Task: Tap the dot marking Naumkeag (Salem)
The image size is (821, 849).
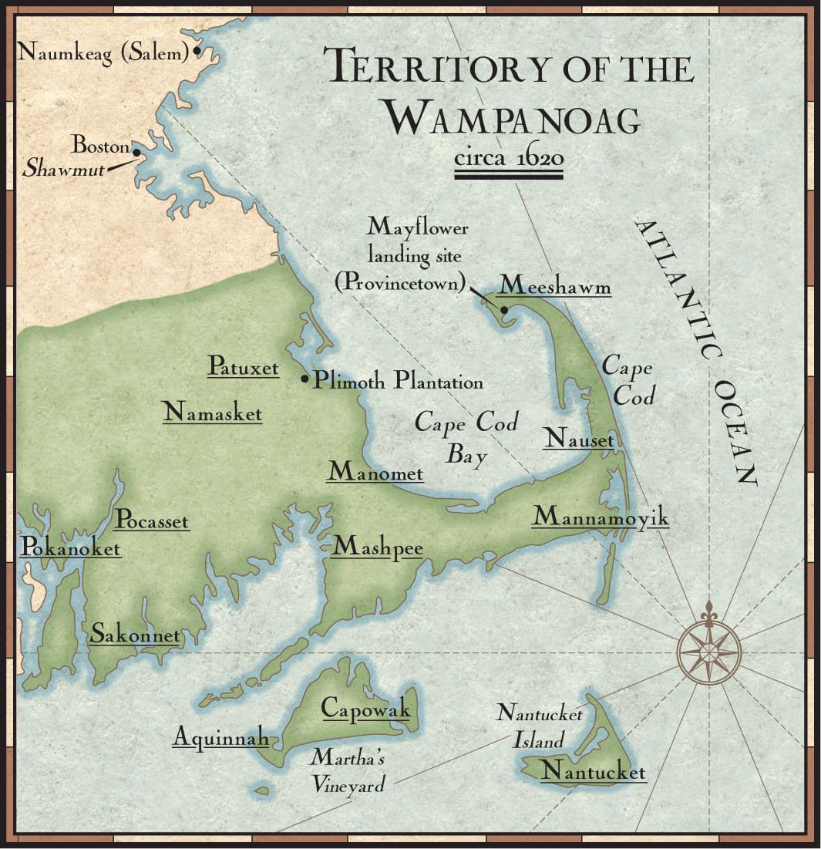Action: [197, 52]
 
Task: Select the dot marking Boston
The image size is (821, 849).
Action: [136, 152]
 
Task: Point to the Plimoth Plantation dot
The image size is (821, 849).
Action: [305, 379]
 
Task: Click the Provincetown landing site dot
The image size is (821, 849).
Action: [503, 310]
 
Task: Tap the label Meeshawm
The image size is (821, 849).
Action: [555, 286]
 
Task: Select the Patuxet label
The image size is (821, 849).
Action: [243, 367]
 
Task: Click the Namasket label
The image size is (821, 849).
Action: [212, 413]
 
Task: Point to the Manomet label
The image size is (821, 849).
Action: [375, 472]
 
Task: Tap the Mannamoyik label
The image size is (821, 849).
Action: [601, 517]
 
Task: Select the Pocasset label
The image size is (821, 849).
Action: [151, 521]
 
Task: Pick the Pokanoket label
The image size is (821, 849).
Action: [70, 548]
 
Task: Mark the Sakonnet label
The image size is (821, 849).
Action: [135, 635]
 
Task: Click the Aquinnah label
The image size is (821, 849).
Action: [220, 738]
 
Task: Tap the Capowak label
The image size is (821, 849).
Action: [365, 708]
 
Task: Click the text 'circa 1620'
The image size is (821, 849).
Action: [509, 159]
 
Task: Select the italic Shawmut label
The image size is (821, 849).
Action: [62, 169]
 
